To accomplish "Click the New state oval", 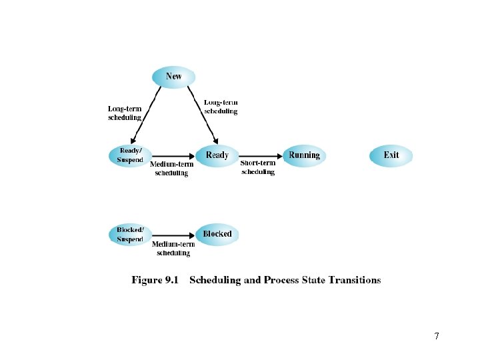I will [173, 77].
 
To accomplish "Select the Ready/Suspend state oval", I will [129, 155].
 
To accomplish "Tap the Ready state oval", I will [217, 155].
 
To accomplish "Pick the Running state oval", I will [304, 155].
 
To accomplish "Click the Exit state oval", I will [391, 155].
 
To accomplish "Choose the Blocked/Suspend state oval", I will [129, 234].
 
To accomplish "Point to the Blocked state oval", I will [217, 234].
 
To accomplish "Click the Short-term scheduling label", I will [257, 167].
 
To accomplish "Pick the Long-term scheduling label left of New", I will [125, 113].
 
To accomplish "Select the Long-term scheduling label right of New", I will [221, 107].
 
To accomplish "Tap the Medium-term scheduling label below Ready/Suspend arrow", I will [172, 169].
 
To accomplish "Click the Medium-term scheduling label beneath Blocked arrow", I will [173, 249].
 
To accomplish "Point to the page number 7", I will [437, 336].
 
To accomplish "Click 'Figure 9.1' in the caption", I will [156, 280].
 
